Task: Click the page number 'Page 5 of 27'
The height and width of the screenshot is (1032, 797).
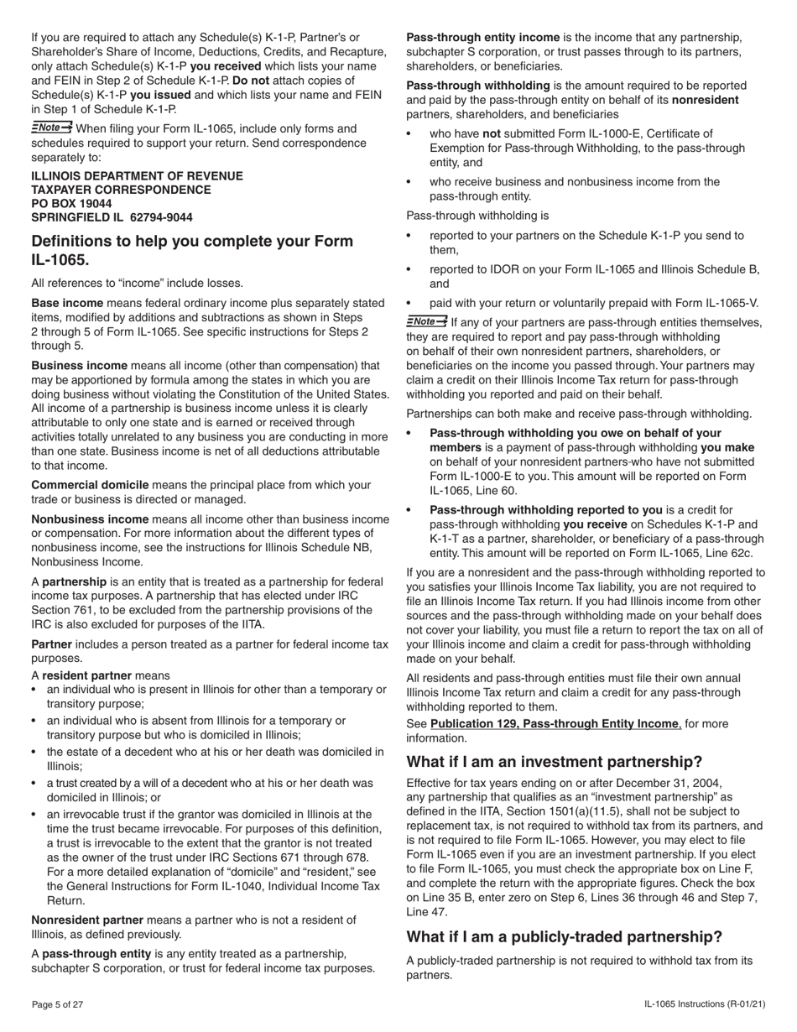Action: pyautogui.click(x=57, y=1004)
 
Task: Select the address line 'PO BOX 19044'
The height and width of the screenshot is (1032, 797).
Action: pyautogui.click(x=71, y=203)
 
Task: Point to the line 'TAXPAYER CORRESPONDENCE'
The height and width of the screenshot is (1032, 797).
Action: pyautogui.click(x=121, y=190)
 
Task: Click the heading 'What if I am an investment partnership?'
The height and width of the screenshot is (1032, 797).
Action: pyautogui.click(x=554, y=762)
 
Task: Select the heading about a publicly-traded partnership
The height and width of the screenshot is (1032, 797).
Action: pyautogui.click(x=564, y=936)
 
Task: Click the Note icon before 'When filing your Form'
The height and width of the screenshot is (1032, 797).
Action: pyautogui.click(x=51, y=128)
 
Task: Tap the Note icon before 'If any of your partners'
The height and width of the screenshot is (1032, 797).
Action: pyautogui.click(x=426, y=321)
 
